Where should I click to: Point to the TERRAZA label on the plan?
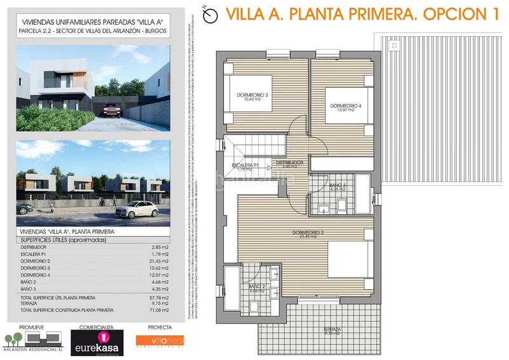coord(331,330)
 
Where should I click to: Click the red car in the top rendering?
coord(111,109)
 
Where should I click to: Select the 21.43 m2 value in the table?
coord(160,261)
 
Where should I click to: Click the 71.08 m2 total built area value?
coord(160,310)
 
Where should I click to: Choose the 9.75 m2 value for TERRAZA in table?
coord(161,303)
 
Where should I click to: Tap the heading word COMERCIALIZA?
coord(96,326)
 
